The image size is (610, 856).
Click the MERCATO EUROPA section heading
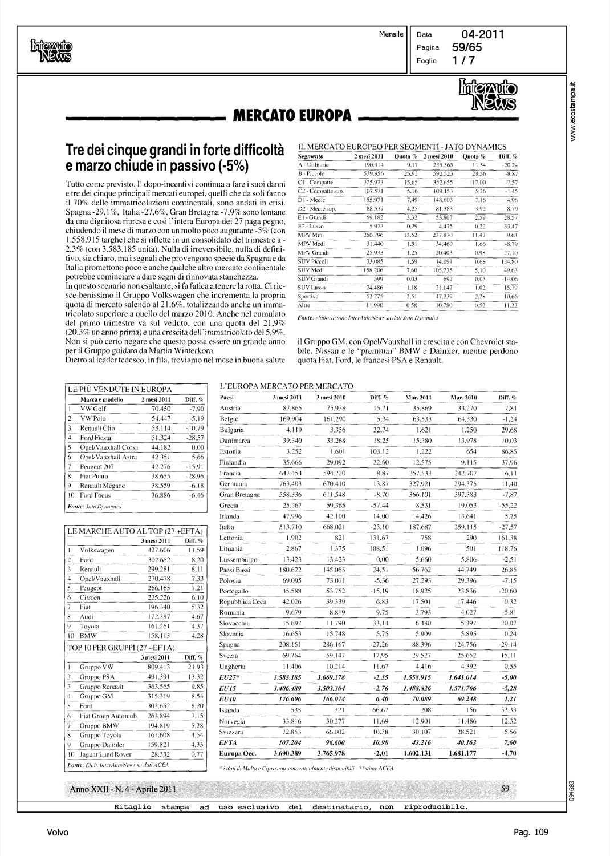tap(290, 116)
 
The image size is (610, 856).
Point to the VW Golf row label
tap(92, 409)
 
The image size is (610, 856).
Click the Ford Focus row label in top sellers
tap(94, 495)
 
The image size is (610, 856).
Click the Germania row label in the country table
tap(233, 484)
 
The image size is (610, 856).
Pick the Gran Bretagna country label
tap(240, 495)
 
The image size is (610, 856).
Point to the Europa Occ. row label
tap(239, 753)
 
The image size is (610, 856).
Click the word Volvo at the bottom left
tap(58, 833)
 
